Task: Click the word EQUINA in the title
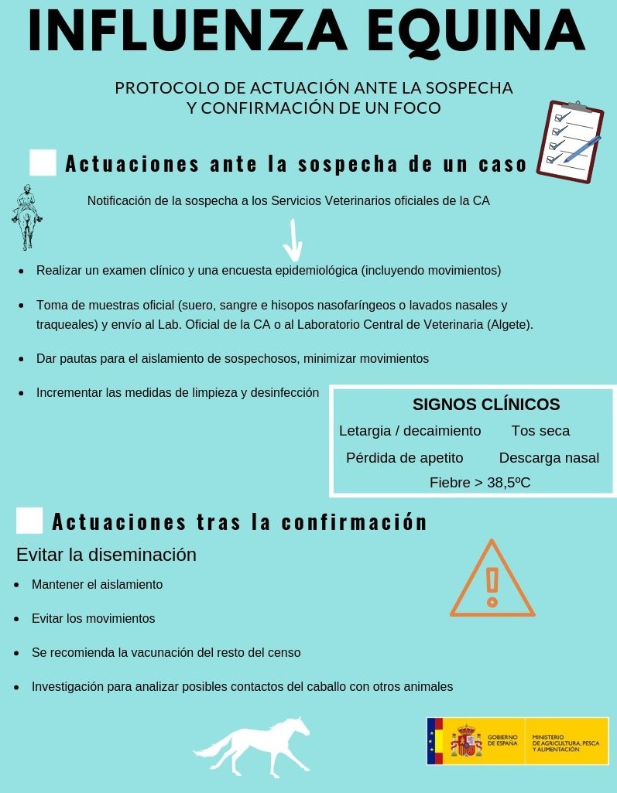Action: point(476,32)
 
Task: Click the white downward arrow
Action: point(293,241)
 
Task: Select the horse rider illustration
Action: point(27,217)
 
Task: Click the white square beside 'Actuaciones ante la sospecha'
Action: point(43,163)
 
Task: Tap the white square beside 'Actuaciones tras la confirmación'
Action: point(29,521)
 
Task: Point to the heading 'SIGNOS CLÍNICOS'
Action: point(486,405)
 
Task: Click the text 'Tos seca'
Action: point(540,431)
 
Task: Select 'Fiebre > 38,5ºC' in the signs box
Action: point(480,483)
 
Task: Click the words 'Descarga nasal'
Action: point(549,458)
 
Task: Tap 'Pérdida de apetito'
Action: point(404,458)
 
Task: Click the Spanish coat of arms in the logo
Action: point(466,741)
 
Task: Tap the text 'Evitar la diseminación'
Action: point(106,555)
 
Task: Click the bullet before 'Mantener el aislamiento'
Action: point(17,585)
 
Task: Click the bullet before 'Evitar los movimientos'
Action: point(17,619)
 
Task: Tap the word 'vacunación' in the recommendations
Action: point(166,653)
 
